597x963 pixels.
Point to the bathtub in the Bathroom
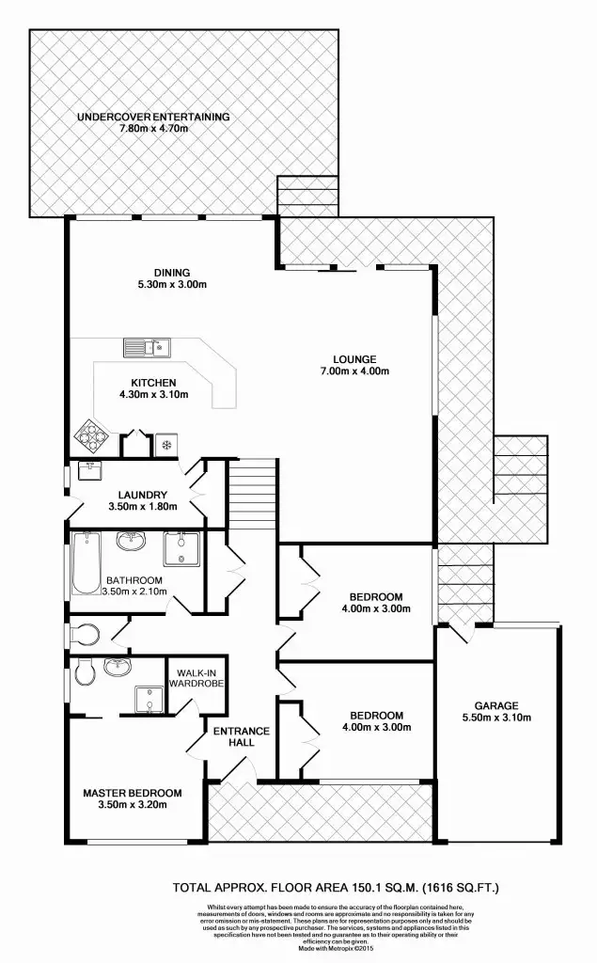click(86, 563)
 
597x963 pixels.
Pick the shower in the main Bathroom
click(178, 548)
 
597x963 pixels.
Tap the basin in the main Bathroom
click(130, 543)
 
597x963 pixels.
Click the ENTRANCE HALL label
click(241, 736)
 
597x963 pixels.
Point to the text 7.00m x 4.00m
click(354, 371)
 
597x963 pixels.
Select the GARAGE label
click(497, 705)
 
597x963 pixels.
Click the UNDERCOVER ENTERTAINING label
click(152, 117)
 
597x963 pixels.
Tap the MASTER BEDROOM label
click(132, 793)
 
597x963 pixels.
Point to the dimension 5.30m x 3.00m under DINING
click(172, 283)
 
